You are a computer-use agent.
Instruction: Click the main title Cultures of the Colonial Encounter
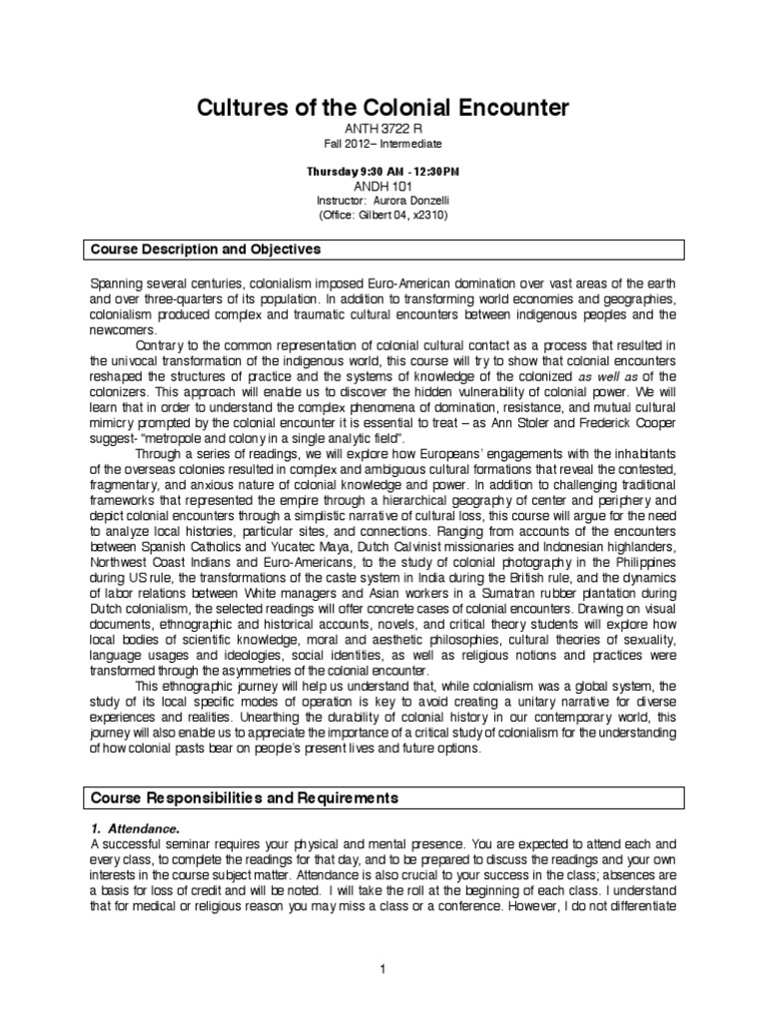point(383,106)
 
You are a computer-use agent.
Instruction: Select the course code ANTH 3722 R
point(383,129)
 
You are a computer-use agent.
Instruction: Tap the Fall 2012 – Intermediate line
point(383,145)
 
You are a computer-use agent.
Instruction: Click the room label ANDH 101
point(383,186)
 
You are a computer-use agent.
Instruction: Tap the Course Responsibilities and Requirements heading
point(245,797)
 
